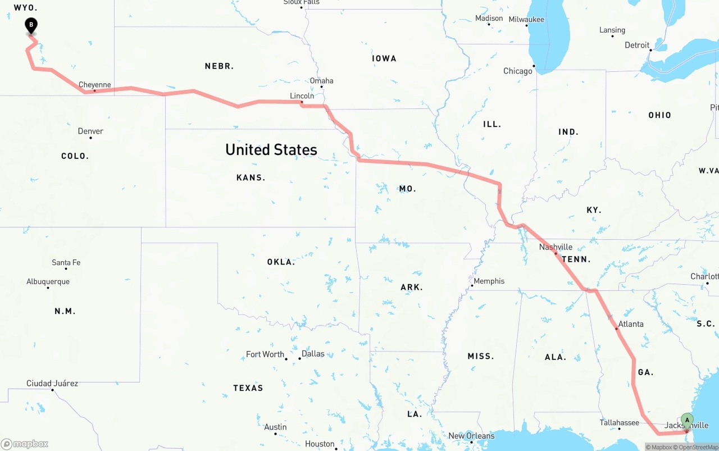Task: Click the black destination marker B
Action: click(31, 25)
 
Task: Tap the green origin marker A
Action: click(687, 420)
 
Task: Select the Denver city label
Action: click(90, 131)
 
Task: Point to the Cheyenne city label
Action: click(94, 85)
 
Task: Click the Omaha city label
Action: click(321, 81)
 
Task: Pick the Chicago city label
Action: click(517, 71)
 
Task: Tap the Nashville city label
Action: click(556, 247)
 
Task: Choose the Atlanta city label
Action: click(631, 324)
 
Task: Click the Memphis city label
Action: click(489, 281)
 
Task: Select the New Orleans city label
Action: click(471, 436)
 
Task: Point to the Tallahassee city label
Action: click(619, 423)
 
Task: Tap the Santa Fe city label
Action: click(66, 263)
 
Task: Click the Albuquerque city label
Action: click(48, 282)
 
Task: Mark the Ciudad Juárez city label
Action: click(52, 384)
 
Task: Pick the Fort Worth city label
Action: click(265, 354)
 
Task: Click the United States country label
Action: click(271, 149)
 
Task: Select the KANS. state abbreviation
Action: click(251, 177)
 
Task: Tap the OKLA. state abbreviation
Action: click(281, 262)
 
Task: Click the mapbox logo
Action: click(25, 444)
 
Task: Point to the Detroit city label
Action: click(637, 45)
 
